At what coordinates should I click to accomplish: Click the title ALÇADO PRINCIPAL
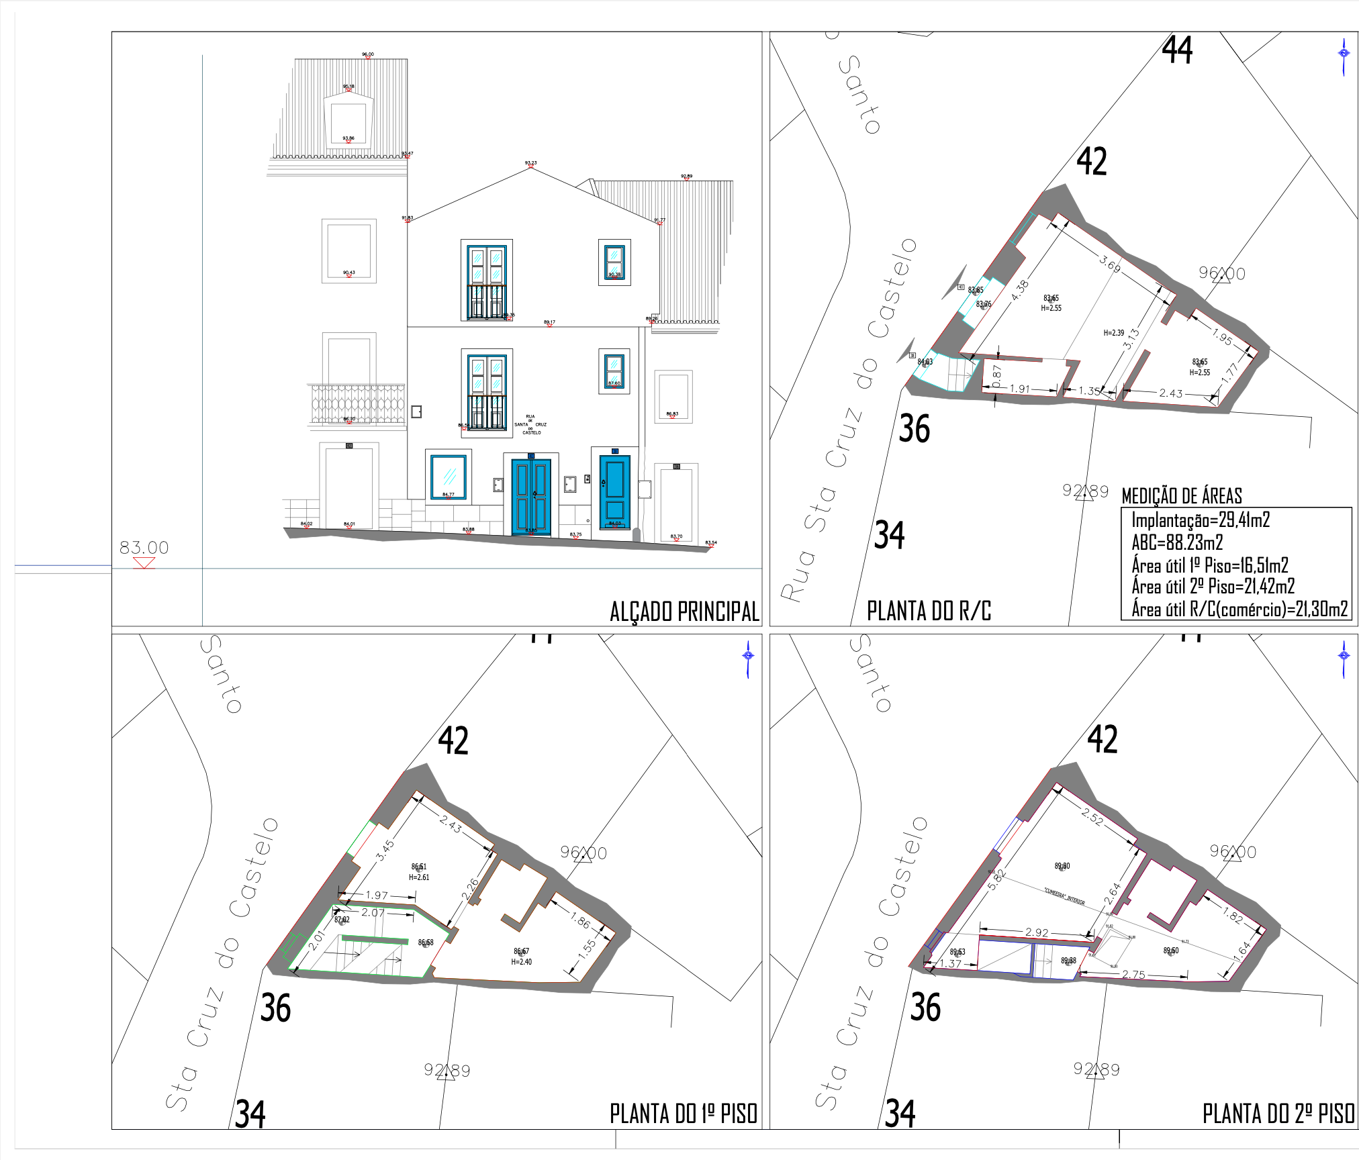[x=684, y=612]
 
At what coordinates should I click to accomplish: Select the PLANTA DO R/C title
[x=929, y=611]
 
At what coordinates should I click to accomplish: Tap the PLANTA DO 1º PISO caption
[x=684, y=1114]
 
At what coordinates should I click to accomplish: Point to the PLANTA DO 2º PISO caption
[x=1278, y=1114]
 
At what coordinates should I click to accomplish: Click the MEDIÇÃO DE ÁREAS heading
[x=1182, y=496]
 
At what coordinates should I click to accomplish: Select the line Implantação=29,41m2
[x=1201, y=520]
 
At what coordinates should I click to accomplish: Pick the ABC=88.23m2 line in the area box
[x=1177, y=542]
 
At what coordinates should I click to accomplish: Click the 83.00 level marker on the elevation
[x=144, y=548]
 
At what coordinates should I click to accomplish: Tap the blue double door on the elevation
[x=531, y=496]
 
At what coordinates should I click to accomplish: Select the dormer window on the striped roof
[x=348, y=121]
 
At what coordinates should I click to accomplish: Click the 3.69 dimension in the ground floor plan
[x=1110, y=264]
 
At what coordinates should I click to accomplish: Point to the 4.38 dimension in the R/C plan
[x=1020, y=290]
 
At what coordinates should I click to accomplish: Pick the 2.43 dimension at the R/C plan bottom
[x=1170, y=393]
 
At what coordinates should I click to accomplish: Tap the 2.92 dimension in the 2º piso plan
[x=1037, y=932]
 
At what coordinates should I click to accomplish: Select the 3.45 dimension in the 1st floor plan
[x=385, y=851]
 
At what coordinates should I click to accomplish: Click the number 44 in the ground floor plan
[x=1177, y=50]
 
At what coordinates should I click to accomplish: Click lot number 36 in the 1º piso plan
[x=275, y=1008]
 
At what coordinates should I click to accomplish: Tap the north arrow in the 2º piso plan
[x=1344, y=656]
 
